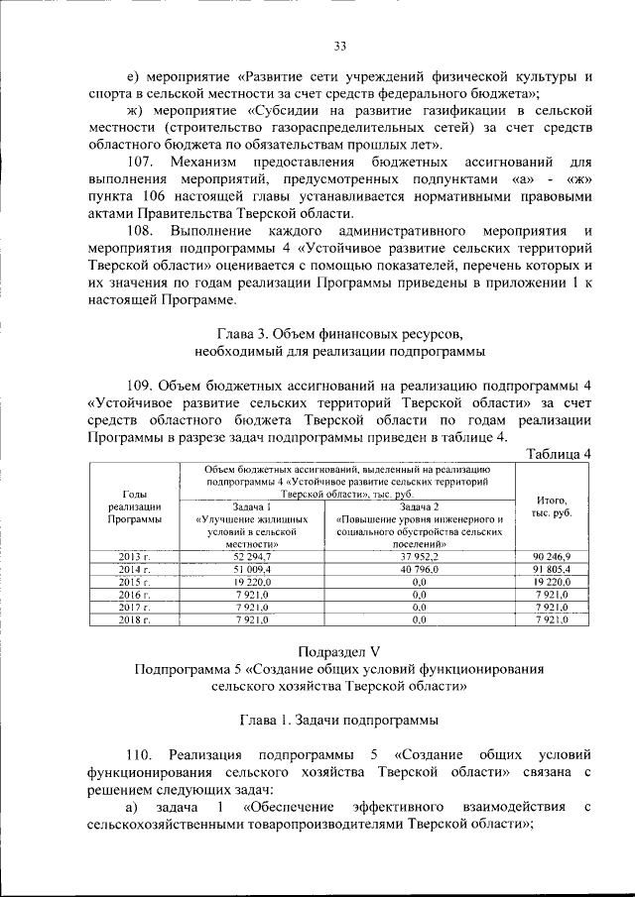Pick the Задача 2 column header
[x=422, y=524]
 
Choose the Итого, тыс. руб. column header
[x=551, y=505]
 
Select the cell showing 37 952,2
[x=422, y=558]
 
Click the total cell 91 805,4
[x=551, y=570]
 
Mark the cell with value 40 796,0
[x=422, y=570]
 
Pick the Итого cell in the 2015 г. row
[x=551, y=582]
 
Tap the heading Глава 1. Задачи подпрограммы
[x=338, y=721]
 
